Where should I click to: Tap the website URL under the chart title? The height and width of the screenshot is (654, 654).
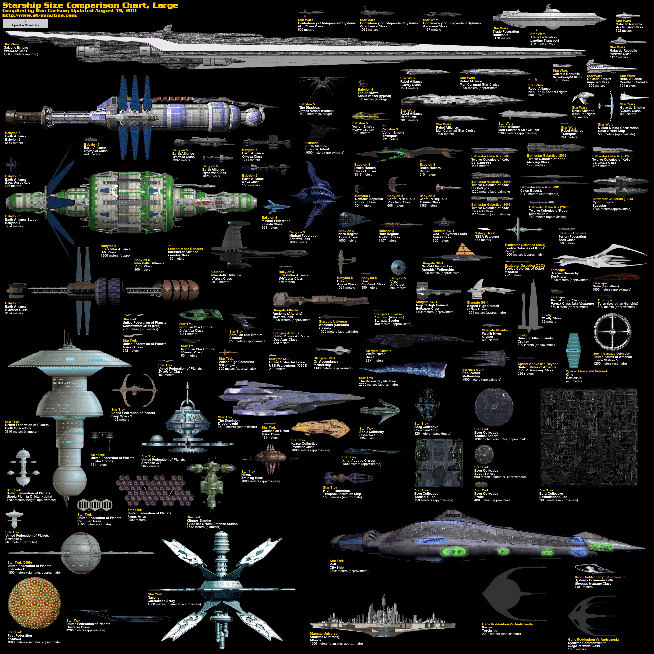pos(40,15)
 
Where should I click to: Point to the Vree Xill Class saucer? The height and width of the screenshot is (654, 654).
pos(398,268)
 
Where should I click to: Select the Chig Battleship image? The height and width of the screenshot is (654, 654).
pos(574,350)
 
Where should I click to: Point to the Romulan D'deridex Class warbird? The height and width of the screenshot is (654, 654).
pos(201,315)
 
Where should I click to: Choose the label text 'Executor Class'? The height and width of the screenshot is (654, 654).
pos(15,51)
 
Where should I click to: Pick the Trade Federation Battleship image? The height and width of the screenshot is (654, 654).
pos(548,16)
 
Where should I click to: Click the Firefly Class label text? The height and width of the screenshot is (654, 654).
pos(551,318)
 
